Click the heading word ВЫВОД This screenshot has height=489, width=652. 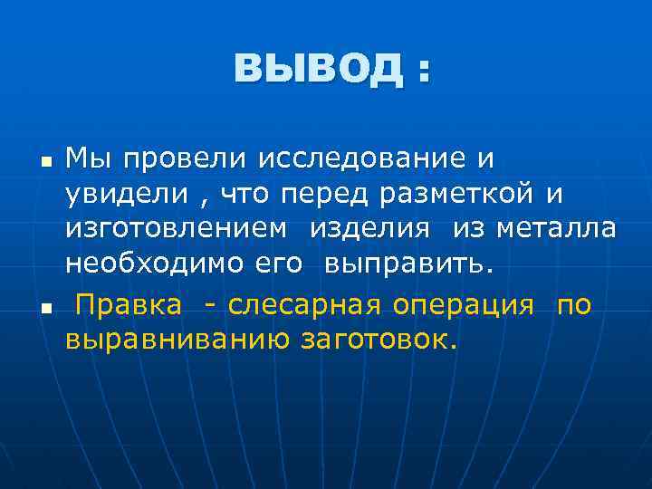[x=317, y=69]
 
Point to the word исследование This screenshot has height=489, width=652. [x=364, y=158]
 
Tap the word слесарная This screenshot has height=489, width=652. [x=305, y=305]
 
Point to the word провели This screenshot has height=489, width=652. [x=182, y=158]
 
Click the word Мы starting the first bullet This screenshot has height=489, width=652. [x=88, y=158]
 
